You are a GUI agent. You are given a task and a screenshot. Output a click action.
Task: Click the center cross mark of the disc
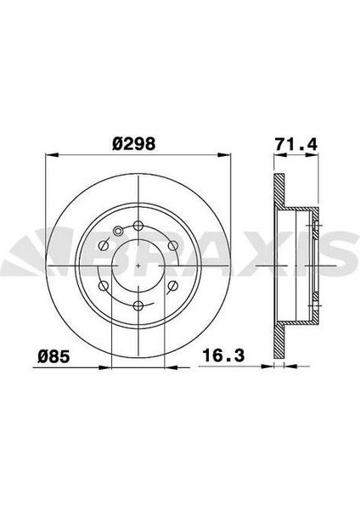click(x=138, y=264)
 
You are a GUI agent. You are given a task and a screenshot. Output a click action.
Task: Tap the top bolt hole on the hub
click(x=138, y=224)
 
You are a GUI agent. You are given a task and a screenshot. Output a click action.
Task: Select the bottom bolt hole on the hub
click(x=138, y=305)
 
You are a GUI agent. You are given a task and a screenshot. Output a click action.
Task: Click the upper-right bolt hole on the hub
click(x=173, y=244)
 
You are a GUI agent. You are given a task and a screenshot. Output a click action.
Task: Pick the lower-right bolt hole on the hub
click(x=173, y=284)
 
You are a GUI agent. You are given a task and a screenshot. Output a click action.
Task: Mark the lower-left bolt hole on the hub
click(x=104, y=284)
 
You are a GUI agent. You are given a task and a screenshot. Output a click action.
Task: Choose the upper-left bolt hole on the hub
click(x=104, y=244)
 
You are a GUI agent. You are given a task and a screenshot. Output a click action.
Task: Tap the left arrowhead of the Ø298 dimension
click(x=48, y=155)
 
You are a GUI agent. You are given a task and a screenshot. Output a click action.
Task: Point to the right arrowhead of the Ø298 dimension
click(x=228, y=155)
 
